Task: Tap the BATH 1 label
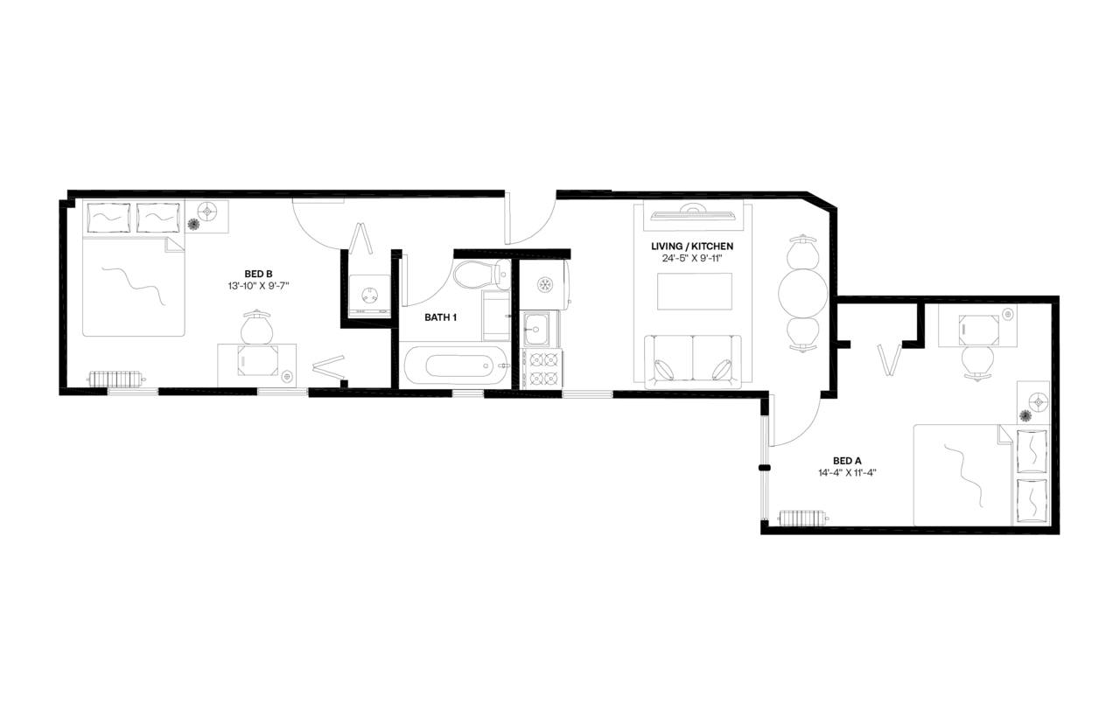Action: tap(441, 317)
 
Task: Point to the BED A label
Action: tap(847, 461)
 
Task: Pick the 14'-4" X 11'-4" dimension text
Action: tap(847, 473)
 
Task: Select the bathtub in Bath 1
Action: tap(455, 366)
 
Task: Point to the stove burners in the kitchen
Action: tap(542, 369)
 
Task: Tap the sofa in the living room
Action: tap(693, 361)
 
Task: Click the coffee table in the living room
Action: tap(694, 291)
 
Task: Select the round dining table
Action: tap(802, 292)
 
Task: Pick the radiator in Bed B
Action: tap(115, 379)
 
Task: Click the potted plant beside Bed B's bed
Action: tap(193, 225)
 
